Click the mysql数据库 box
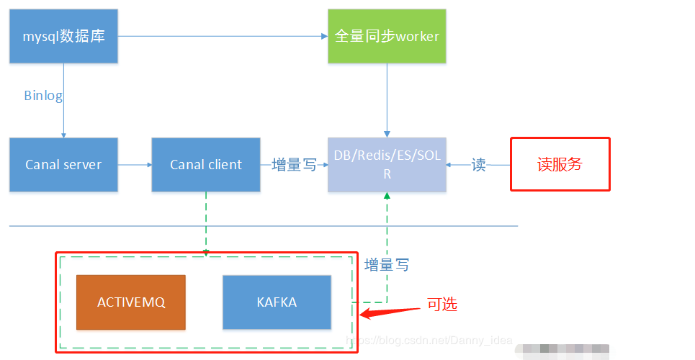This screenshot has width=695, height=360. [63, 35]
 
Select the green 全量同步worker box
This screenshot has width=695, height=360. [387, 35]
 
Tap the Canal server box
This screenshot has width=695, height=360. [63, 165]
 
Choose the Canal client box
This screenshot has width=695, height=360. [206, 165]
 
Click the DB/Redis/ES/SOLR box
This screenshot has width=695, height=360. [387, 165]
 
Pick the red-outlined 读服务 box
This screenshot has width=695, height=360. [560, 164]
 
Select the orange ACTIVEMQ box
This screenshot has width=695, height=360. [131, 302]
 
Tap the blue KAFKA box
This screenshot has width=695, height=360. [277, 302]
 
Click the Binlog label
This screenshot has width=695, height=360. [43, 96]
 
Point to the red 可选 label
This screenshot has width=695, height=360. [441, 305]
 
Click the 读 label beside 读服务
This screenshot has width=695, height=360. [478, 166]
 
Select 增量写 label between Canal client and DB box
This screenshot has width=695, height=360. [294, 166]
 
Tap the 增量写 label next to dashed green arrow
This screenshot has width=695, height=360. [387, 265]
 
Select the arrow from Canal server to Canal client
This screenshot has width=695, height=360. [135, 165]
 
